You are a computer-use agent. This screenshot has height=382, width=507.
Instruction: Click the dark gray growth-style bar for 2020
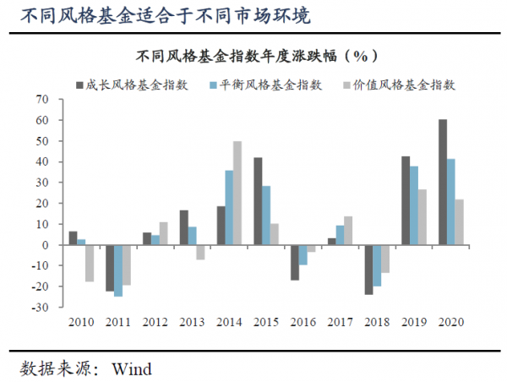(443, 182)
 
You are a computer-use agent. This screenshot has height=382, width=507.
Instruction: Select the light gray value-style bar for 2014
(237, 193)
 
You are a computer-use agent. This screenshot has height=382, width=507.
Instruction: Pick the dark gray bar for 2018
(368, 270)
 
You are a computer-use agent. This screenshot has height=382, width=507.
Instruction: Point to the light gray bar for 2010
(90, 263)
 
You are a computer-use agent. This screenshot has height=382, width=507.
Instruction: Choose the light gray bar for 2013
(200, 252)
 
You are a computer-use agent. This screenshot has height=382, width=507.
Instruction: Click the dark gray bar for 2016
(295, 262)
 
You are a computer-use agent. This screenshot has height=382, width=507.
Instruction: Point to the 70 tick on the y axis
(45, 100)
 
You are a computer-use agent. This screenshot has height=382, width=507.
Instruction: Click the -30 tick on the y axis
(42, 308)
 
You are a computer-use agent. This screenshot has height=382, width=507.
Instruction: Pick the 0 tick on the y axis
(48, 245)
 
